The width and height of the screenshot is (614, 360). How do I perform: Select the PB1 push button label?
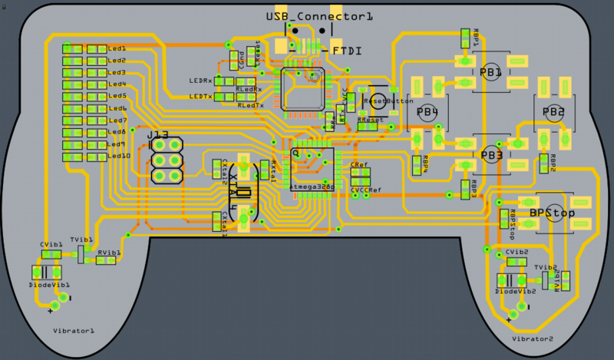(x=490, y=73)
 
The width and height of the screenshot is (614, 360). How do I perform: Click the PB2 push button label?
(x=553, y=112)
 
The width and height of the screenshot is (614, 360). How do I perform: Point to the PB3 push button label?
(x=491, y=155)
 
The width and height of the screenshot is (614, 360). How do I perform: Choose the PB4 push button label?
(x=427, y=112)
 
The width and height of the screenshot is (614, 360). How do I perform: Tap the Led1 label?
(x=117, y=48)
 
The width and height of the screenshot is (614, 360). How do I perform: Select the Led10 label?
(x=120, y=156)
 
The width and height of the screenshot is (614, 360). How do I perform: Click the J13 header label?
(x=157, y=135)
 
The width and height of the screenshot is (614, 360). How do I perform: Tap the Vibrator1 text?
(x=74, y=330)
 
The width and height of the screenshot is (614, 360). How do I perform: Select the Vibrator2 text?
(x=531, y=339)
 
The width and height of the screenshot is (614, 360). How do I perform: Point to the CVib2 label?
(x=517, y=252)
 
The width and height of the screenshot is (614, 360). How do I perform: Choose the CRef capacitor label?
(x=358, y=165)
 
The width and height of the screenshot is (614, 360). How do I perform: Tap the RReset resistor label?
(x=371, y=120)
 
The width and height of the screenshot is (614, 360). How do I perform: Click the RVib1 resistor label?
(x=108, y=252)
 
